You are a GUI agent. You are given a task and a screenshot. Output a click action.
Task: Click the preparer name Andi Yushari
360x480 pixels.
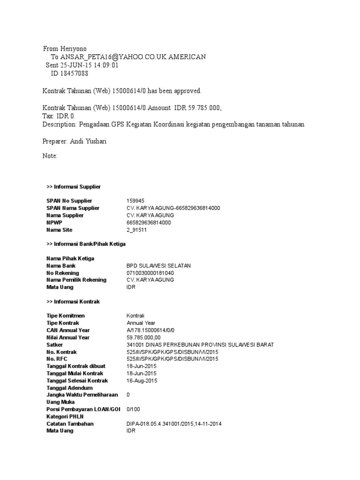(89, 141)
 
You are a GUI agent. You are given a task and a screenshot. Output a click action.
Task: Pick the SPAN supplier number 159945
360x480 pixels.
(135, 201)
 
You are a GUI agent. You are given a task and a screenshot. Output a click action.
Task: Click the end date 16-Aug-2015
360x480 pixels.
(142, 381)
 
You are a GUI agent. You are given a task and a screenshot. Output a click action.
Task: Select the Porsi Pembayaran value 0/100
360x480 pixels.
(133, 409)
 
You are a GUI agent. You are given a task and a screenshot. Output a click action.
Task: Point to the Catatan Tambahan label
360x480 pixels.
(70, 424)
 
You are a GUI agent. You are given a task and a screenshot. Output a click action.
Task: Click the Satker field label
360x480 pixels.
(55, 345)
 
